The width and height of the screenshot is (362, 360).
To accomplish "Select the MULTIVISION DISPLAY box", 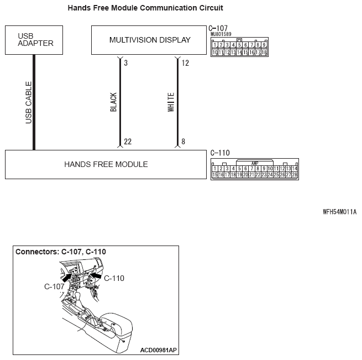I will (x=150, y=40).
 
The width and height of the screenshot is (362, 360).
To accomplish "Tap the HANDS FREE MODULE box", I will (x=106, y=164).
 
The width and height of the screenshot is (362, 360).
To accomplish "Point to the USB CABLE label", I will (x=29, y=102).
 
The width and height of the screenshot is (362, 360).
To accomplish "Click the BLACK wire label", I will (x=114, y=102).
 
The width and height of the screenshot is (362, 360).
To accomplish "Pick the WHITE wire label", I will (x=171, y=102).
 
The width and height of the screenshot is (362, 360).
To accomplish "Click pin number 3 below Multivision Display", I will (x=126, y=63).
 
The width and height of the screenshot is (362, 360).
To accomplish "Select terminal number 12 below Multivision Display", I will (x=185, y=63).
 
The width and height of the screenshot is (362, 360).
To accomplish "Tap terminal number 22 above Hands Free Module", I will (x=128, y=142).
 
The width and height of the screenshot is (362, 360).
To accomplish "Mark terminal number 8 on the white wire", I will (x=183, y=142).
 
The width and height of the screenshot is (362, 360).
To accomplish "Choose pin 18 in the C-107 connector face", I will (x=264, y=53).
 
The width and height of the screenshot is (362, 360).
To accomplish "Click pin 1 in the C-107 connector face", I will (x=215, y=45).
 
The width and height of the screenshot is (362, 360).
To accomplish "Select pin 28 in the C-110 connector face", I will (x=295, y=175).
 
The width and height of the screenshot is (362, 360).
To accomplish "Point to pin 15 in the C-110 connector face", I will (x=215, y=175).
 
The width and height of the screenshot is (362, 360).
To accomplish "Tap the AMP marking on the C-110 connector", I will (x=255, y=163).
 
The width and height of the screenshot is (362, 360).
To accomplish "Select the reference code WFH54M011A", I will (x=340, y=212).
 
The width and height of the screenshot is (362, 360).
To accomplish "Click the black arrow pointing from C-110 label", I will (x=96, y=274).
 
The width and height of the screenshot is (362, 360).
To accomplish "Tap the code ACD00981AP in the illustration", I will (x=159, y=349).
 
